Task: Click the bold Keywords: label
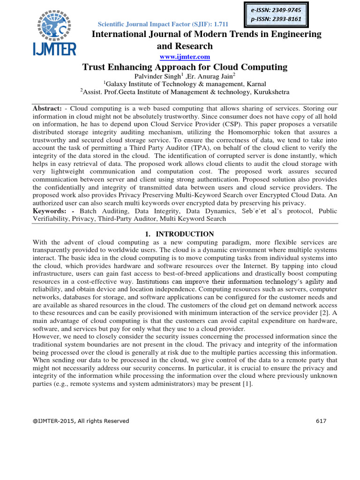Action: [x=50, y=211]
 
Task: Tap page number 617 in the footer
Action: [x=321, y=421]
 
